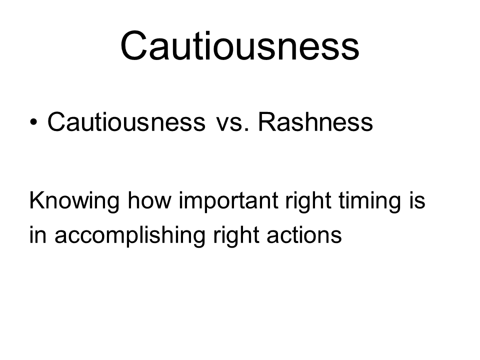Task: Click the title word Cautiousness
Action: click(x=239, y=45)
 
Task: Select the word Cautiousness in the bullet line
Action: click(x=126, y=122)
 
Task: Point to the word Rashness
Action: click(x=315, y=122)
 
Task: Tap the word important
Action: click(x=228, y=201)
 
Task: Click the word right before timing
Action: click(x=308, y=201)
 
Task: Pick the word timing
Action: click(x=369, y=201)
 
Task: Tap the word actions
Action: click(x=304, y=234)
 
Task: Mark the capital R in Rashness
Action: click(x=268, y=121)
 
